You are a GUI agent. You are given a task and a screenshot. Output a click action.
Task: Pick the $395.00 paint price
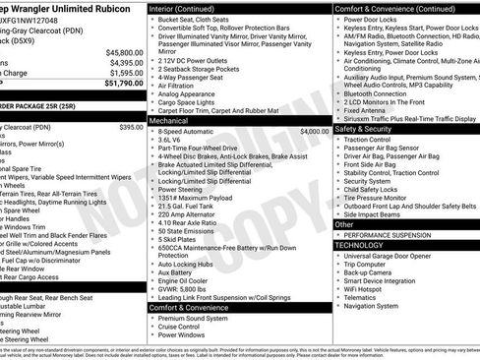tap(131, 127)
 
